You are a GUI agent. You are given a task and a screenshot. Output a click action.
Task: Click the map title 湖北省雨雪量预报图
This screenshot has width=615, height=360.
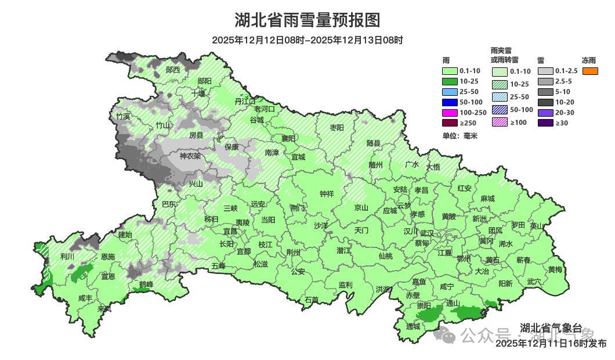[x=307, y=20]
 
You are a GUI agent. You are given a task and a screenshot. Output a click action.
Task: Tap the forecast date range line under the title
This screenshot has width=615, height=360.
[x=307, y=40]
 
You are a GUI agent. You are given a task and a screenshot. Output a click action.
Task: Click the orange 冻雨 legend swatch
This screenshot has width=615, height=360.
[x=590, y=71]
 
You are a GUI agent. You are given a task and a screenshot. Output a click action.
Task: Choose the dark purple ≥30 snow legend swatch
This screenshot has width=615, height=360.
[x=545, y=123]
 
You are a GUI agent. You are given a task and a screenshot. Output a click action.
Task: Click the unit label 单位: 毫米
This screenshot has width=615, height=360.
[x=460, y=136]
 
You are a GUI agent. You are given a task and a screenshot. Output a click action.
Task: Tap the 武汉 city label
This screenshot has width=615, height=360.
[x=427, y=233]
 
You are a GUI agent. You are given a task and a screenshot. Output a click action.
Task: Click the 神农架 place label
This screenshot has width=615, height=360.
[x=190, y=156]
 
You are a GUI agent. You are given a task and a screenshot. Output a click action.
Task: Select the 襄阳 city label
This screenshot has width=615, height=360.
[x=288, y=138]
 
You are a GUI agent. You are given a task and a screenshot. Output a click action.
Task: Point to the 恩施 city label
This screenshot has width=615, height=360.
[x=108, y=257]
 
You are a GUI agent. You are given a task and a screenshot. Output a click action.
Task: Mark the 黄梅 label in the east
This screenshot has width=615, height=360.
[x=555, y=269]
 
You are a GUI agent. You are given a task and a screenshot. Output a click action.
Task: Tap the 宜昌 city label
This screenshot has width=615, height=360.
[x=230, y=231]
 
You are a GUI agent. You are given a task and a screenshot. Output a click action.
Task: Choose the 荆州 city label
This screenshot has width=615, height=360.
[x=294, y=253]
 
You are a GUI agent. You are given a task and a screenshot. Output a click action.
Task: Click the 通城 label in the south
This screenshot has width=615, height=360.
[x=413, y=327]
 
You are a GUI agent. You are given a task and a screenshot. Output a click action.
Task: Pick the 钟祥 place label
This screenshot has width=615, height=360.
[x=327, y=195]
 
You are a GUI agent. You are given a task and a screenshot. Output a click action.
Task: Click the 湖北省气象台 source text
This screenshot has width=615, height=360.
[x=551, y=327]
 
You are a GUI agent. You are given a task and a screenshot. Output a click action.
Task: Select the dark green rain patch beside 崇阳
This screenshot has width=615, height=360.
[x=430, y=315]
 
